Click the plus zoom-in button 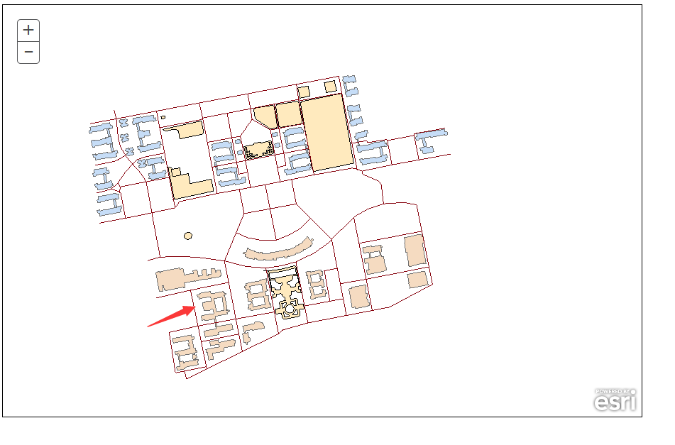pos(28,30)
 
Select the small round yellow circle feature pos(188,236)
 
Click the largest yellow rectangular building pos(327,133)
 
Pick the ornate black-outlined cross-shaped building pos(286,292)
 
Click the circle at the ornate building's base pos(290,309)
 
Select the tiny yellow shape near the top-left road pos(163,117)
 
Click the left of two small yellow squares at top pos(304,92)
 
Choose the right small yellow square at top pos(330,87)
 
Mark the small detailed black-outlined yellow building pos(259,150)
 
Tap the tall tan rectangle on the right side pos(415,251)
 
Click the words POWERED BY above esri pos(613,392)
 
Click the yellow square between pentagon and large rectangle pos(288,114)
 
